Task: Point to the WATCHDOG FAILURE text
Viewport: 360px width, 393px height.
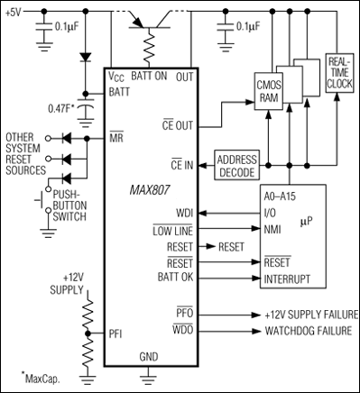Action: pyautogui.click(x=307, y=331)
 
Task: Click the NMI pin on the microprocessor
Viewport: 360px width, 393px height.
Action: pyautogui.click(x=268, y=230)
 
